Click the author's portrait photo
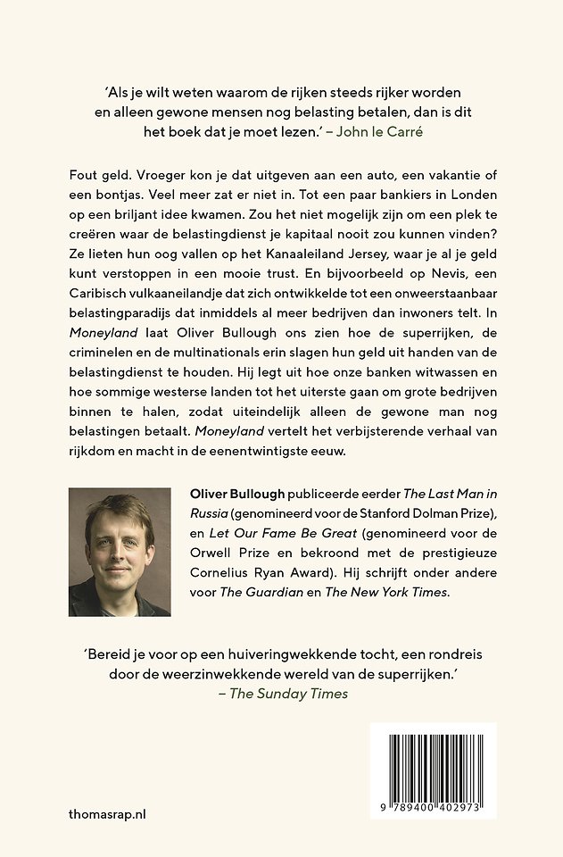[x=120, y=552]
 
